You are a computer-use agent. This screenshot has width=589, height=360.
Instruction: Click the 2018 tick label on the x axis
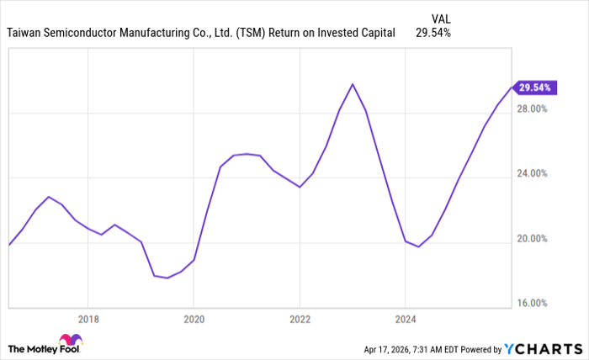tap(88, 319)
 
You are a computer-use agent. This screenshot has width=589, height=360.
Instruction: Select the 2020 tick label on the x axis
tap(194, 319)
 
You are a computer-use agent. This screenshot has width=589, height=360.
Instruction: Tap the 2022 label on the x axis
tap(300, 319)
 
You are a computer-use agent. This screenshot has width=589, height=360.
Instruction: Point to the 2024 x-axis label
tap(406, 319)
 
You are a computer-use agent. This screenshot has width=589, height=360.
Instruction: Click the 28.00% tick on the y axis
tap(533, 109)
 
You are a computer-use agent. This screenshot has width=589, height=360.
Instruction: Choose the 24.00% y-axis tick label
tap(533, 174)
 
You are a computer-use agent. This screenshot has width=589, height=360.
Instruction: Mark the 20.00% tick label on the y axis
tap(533, 239)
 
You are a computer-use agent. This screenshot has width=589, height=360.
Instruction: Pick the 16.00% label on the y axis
tap(533, 304)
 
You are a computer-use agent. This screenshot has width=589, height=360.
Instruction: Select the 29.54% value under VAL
tap(433, 34)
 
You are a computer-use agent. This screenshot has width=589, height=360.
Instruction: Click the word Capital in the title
tap(375, 34)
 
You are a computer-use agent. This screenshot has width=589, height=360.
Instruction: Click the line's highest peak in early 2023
tap(353, 84)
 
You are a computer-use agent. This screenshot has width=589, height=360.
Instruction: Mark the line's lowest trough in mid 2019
tap(167, 278)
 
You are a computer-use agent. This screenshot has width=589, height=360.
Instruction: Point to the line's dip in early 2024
tap(418, 246)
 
